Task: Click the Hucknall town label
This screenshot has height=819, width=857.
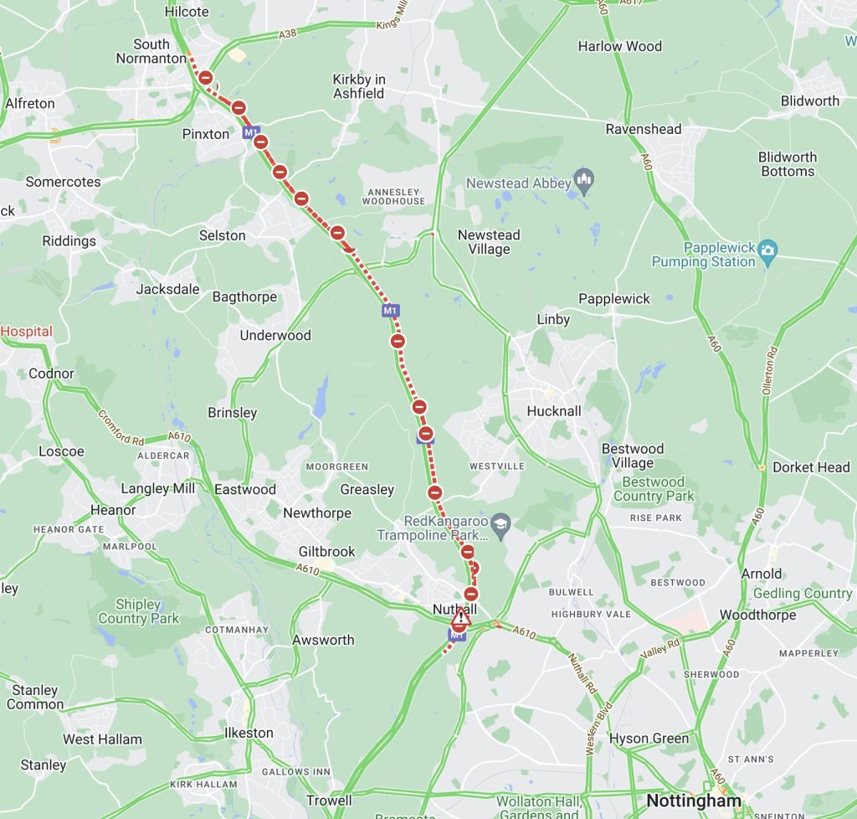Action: (x=553, y=411)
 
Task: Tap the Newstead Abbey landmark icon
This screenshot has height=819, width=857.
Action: (x=585, y=181)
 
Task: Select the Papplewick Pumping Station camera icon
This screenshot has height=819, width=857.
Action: (x=767, y=250)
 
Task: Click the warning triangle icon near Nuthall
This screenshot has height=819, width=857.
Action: (x=460, y=617)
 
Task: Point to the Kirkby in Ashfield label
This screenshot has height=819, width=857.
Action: (x=359, y=86)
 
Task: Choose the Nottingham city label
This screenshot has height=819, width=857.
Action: (x=693, y=801)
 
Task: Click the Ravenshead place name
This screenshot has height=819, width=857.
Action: (x=644, y=129)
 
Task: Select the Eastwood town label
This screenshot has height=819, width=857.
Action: (x=245, y=489)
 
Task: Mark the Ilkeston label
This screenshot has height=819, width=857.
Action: (x=249, y=733)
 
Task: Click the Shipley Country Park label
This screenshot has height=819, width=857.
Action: (x=138, y=611)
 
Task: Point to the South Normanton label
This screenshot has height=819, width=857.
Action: (x=151, y=51)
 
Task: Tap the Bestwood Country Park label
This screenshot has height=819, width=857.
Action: (x=654, y=489)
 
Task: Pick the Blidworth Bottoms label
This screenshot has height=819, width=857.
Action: (x=788, y=164)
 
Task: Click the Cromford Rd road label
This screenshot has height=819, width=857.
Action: (x=121, y=427)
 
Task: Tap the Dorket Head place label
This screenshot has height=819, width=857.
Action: (x=811, y=467)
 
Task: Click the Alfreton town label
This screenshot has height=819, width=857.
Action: (x=30, y=104)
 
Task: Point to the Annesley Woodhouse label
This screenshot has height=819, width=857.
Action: (x=395, y=196)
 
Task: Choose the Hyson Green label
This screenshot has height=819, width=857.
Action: (x=649, y=739)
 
